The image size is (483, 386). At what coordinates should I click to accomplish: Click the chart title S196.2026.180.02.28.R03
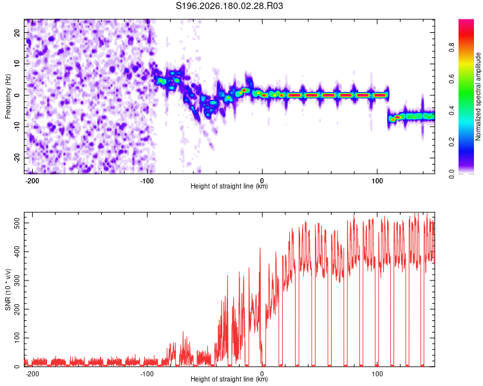tap(229, 6)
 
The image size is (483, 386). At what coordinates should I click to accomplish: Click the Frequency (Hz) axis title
tap(8, 96)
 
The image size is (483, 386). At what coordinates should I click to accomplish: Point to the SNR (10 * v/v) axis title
tap(8, 289)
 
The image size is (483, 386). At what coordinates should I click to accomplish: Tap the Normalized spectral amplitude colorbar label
tap(478, 96)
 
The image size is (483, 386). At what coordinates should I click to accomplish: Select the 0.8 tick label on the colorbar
tap(451, 48)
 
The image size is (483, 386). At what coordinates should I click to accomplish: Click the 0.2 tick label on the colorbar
tap(451, 142)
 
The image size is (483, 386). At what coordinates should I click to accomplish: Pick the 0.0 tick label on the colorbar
tap(451, 174)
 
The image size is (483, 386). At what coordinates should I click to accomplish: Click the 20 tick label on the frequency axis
tap(17, 33)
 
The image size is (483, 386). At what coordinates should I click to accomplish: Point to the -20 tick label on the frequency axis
tap(17, 158)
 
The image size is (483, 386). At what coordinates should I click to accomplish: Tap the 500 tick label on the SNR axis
tap(17, 223)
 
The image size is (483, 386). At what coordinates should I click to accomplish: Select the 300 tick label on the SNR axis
tap(17, 280)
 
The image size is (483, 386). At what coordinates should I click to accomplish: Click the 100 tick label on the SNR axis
tap(17, 338)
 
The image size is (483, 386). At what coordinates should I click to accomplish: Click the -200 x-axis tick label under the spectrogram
tap(32, 181)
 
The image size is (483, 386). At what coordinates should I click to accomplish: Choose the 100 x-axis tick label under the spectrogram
tap(377, 181)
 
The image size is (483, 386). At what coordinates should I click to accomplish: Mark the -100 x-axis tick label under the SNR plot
tap(147, 374)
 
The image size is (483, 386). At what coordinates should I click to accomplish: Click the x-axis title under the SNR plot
tap(229, 379)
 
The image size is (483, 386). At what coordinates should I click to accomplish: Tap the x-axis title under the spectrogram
tap(229, 186)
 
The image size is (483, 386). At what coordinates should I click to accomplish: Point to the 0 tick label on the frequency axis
tap(17, 95)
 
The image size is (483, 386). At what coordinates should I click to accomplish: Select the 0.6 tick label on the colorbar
tap(451, 79)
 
